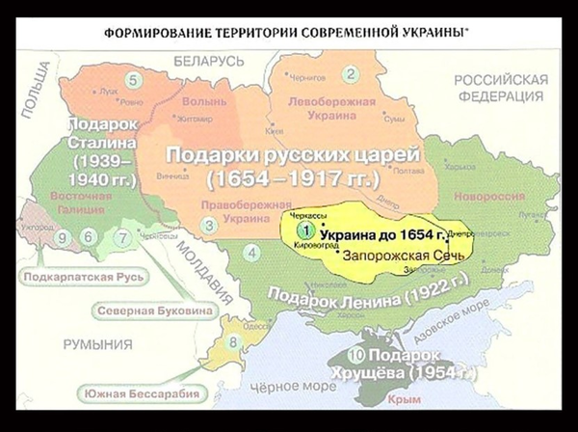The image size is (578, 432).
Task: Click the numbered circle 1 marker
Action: click(x=304, y=230)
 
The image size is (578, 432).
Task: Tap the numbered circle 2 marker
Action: click(x=351, y=74)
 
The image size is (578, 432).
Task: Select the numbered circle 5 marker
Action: click(x=132, y=79)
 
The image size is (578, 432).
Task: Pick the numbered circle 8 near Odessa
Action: click(x=231, y=341)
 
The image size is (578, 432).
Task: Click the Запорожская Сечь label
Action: click(x=394, y=256)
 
